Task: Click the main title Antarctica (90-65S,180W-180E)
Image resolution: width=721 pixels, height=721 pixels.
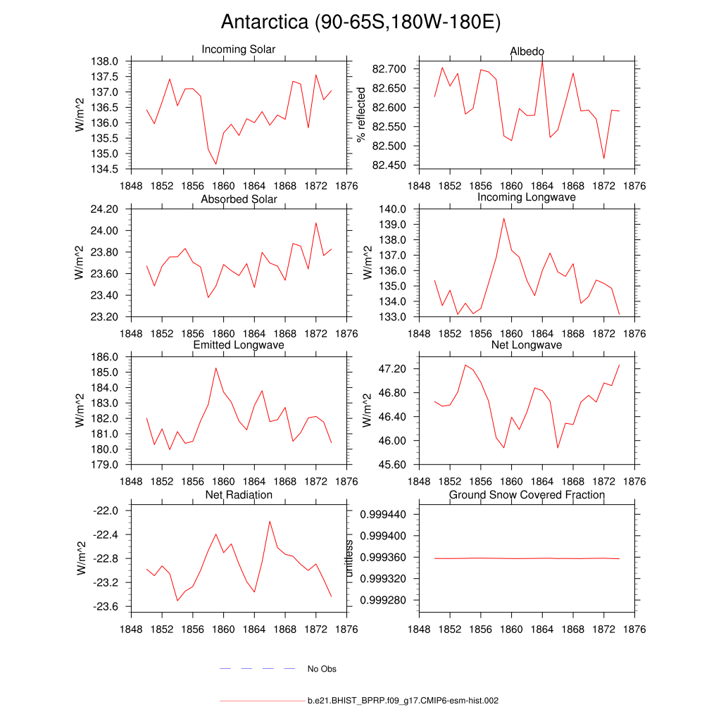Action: click(x=360, y=23)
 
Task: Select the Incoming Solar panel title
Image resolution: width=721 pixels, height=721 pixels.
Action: click(x=239, y=50)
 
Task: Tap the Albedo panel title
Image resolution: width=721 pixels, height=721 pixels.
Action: click(x=527, y=52)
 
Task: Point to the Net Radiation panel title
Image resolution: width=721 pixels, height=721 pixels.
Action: click(x=239, y=495)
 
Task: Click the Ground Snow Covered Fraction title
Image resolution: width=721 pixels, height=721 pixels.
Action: click(x=527, y=495)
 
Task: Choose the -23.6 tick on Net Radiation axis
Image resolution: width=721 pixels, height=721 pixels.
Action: click(x=110, y=606)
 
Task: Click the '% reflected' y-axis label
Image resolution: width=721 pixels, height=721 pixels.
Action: click(x=362, y=115)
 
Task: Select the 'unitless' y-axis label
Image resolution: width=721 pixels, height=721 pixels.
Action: click(x=350, y=558)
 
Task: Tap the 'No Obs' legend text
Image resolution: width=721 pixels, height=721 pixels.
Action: click(x=322, y=669)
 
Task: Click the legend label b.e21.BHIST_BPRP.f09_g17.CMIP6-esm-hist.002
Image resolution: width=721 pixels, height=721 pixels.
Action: click(x=403, y=701)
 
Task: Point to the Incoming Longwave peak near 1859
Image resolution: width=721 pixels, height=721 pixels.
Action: click(x=503, y=218)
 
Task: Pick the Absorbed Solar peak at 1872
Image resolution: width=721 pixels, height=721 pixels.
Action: click(x=315, y=223)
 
